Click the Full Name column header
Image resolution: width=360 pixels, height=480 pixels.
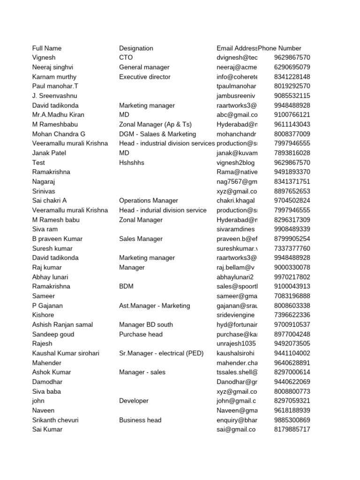47,48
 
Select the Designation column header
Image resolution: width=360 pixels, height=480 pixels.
136,48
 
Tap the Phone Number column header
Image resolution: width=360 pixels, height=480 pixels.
280,48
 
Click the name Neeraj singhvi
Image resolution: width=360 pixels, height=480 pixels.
52,67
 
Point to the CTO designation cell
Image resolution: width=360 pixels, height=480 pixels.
126,58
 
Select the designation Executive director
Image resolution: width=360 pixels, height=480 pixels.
145,77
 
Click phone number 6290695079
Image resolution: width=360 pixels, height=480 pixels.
292,67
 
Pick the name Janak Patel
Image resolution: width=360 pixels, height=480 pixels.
49,153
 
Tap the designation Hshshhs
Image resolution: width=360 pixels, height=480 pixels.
132,163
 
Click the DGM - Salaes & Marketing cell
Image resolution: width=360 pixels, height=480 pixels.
157,134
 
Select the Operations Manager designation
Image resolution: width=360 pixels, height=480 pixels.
149,201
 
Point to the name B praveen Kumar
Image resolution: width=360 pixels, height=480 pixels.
57,239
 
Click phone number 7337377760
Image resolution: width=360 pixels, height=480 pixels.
292,248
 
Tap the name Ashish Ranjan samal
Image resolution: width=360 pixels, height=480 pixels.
62,324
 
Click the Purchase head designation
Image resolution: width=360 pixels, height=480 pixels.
141,334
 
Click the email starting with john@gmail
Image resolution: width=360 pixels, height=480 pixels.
236,401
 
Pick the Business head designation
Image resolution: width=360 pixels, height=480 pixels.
140,420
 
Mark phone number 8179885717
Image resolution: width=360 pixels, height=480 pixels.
292,429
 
